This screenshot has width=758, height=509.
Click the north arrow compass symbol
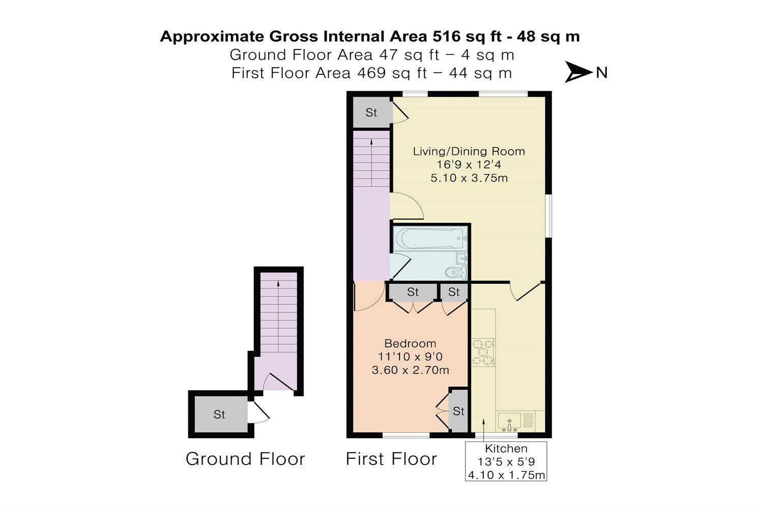579,72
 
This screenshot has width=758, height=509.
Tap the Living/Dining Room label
469,151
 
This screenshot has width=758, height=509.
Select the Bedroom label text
410,344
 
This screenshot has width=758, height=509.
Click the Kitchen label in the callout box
506,448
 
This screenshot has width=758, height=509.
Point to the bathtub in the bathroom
430,238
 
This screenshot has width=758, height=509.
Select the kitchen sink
509,421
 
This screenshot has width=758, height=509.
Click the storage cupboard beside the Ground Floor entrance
219,414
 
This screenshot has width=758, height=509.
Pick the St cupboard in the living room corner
371,112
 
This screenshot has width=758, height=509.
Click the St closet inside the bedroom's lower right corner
458,411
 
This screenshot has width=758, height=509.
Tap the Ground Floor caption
245,459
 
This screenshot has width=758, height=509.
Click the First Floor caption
391,459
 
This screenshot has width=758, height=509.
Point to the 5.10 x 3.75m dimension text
469,178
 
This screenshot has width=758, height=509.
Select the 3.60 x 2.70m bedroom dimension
410,370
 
